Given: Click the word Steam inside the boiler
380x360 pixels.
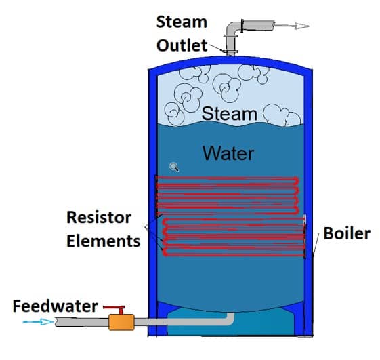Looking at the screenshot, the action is (x=229, y=113).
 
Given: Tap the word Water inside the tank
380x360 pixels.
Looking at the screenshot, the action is (x=228, y=153).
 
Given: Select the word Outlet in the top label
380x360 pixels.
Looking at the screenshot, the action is (x=182, y=45).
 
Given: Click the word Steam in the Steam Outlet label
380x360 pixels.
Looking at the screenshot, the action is (x=182, y=22).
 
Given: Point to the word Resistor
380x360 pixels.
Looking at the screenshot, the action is (x=99, y=218).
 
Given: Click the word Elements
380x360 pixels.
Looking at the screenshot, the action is (x=104, y=241).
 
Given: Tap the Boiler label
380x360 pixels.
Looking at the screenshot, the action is (x=347, y=233).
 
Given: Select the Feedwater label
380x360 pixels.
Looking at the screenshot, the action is (x=56, y=306).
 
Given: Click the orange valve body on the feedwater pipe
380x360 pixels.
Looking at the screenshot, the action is (x=121, y=322).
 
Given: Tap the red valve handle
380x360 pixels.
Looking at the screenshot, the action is (x=114, y=308).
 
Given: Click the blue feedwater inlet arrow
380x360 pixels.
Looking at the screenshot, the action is (x=38, y=322).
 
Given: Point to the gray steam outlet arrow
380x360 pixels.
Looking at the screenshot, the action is (x=292, y=26).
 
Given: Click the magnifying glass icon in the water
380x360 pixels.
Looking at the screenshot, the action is (x=174, y=167).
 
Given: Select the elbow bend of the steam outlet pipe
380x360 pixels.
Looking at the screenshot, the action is (x=232, y=28).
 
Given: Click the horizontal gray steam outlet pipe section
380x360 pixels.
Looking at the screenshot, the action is (x=259, y=26).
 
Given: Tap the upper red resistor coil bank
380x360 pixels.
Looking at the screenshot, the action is (x=228, y=195).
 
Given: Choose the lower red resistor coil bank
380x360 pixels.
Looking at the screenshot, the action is (x=234, y=237).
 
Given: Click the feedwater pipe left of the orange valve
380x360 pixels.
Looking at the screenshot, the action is (x=82, y=322).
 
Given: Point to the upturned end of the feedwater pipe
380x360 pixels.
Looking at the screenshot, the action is (x=230, y=318).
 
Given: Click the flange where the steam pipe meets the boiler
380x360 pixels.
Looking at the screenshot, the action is (x=231, y=52).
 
